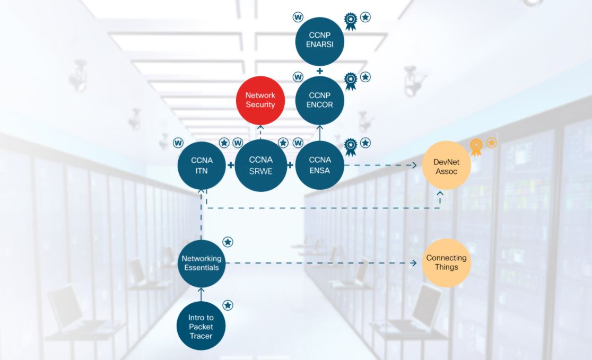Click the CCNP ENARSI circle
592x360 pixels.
[320, 41]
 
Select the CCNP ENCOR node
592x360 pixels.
[320, 100]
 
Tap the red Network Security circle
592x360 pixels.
[260, 100]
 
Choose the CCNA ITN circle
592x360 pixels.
[201, 165]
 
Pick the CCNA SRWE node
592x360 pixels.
[260, 165]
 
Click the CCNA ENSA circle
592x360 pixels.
[320, 165]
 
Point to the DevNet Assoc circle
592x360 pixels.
[446, 165]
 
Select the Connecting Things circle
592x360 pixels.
[446, 263]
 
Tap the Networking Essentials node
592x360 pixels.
[201, 263]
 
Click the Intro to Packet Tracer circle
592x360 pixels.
[201, 326]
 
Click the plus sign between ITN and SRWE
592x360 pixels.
[231, 165]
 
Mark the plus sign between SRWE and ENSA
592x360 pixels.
[290, 165]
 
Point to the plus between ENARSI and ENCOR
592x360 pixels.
[319, 71]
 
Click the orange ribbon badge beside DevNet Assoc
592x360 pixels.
[476, 146]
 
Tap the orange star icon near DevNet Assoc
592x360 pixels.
[491, 143]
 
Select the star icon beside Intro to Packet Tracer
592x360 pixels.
[228, 305]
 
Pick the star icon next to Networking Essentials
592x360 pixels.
[228, 242]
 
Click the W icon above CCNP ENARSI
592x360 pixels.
[298, 17]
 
